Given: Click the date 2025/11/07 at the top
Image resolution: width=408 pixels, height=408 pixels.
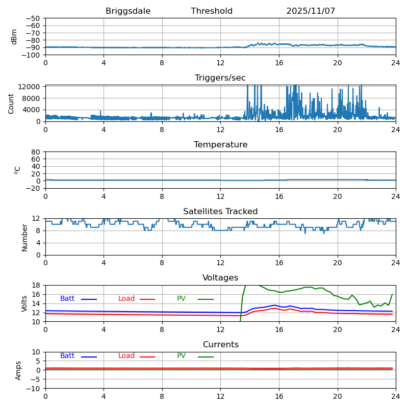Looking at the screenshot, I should (311, 11).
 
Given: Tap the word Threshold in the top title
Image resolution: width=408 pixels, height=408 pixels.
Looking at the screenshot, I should (212, 11).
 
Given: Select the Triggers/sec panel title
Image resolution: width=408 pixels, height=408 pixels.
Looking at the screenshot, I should (220, 78).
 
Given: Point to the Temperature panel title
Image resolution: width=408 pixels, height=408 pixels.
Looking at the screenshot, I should (220, 145).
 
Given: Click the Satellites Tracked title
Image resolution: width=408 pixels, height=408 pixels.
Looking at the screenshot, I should (220, 212).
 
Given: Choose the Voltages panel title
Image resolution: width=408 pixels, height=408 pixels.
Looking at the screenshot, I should (220, 278).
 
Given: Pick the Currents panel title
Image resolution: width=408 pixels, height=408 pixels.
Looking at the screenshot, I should (220, 345).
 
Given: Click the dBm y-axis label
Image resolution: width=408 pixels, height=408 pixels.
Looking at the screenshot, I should (14, 37).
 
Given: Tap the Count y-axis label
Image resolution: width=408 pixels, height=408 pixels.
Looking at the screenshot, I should (11, 103).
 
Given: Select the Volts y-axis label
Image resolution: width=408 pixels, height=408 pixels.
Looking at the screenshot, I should (24, 303).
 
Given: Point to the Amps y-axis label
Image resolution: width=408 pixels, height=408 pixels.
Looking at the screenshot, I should (18, 370).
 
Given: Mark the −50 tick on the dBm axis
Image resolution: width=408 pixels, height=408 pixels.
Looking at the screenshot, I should (32, 18).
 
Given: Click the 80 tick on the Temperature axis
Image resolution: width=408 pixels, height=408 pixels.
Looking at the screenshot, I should (36, 152).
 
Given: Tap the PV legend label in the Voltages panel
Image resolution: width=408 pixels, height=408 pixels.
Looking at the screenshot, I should (182, 299).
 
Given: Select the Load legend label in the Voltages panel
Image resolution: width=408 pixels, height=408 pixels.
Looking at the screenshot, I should (126, 299).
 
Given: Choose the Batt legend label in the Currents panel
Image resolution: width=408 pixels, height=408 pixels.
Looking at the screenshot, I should (67, 356).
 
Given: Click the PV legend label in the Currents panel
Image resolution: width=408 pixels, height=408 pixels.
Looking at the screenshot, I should (182, 356).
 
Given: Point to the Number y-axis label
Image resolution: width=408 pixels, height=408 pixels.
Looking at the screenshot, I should (24, 237).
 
